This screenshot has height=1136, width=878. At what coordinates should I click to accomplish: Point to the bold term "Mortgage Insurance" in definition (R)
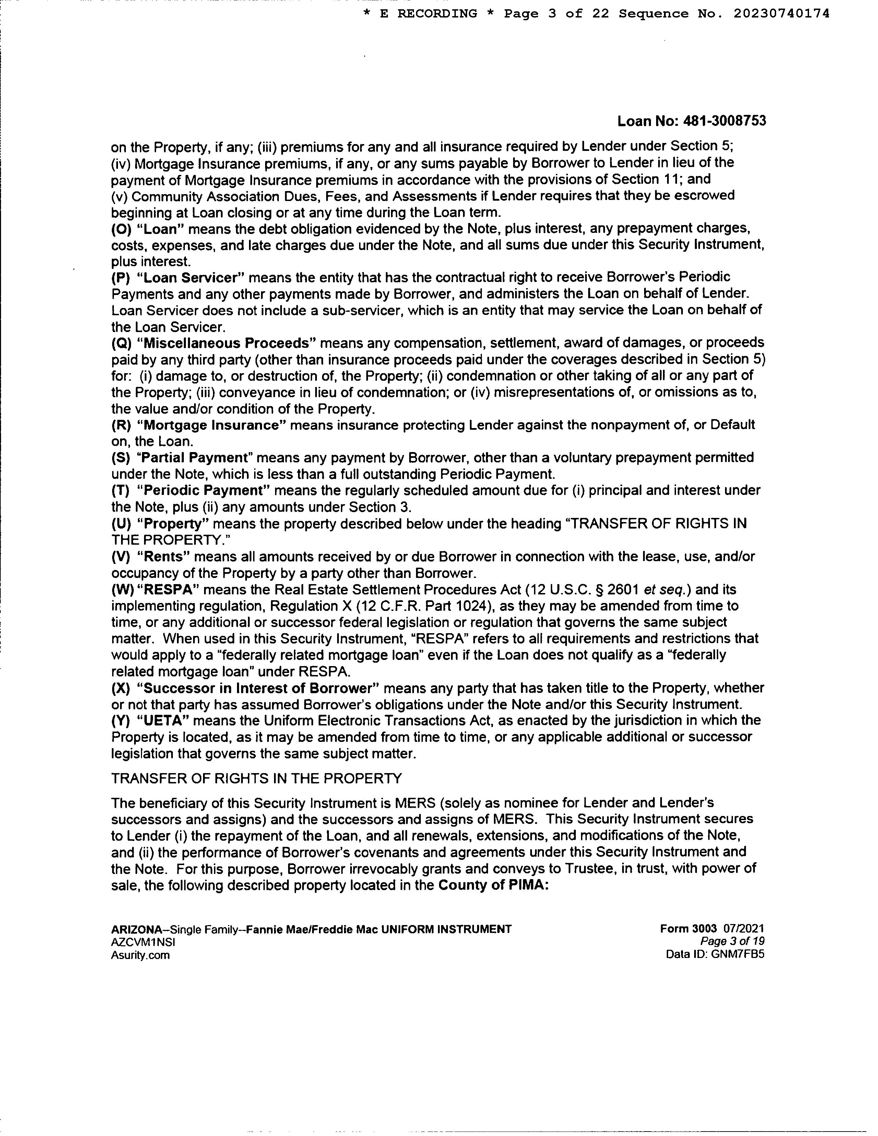point(212,425)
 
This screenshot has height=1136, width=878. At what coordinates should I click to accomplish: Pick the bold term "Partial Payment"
point(194,458)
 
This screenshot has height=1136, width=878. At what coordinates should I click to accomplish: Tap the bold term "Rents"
point(165,557)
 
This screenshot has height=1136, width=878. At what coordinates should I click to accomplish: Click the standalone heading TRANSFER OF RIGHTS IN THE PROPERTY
point(257,779)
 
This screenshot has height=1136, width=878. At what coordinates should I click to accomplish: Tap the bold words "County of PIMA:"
point(494,885)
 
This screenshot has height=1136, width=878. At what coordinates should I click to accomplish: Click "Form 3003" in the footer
point(688,929)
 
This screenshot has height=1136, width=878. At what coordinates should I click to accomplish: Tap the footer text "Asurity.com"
point(140,955)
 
